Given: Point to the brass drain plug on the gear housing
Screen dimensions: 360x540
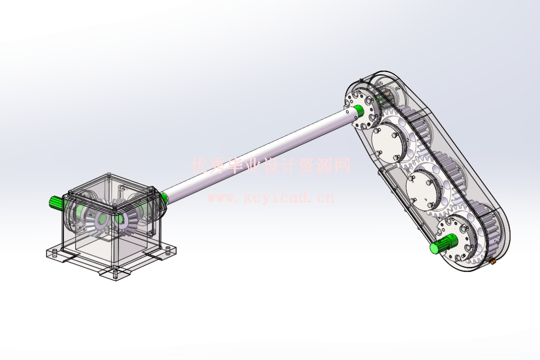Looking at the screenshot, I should tap(492, 260).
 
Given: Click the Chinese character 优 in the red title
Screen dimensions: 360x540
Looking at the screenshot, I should tap(199, 166).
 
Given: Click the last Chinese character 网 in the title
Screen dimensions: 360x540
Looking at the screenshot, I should tap(342, 166).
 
